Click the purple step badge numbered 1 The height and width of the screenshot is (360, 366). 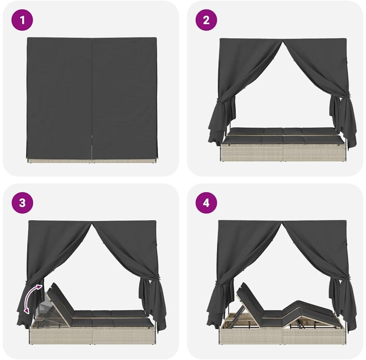coord(22,20)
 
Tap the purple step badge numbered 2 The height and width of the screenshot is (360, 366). coord(206,20)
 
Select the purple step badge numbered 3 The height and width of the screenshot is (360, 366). coord(22,202)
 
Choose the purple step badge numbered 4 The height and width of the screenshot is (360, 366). coord(206,202)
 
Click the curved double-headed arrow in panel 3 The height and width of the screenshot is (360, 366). coord(31,296)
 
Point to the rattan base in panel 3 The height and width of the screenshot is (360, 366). coord(93,335)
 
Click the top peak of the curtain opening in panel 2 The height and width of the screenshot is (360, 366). coord(283,41)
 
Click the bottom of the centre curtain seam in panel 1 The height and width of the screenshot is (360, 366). coord(92,160)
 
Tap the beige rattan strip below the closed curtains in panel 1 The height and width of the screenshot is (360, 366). coord(92,161)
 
